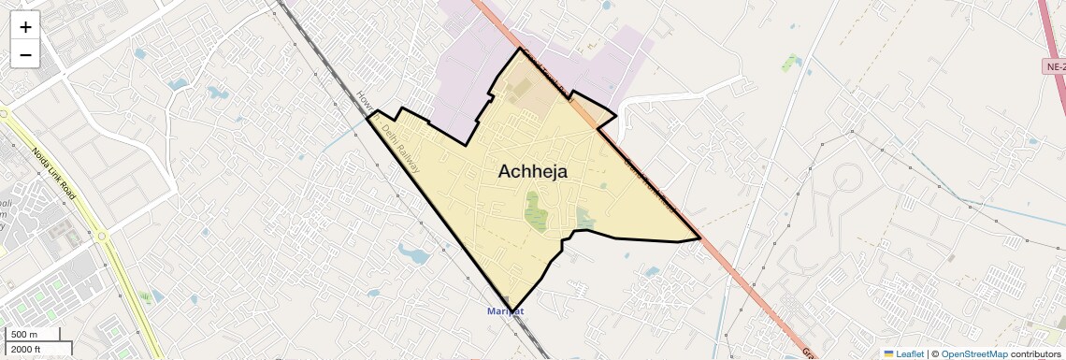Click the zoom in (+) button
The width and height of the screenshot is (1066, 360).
(25, 27)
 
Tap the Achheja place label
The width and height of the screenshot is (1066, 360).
(532, 171)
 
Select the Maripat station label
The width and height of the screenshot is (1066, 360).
(506, 310)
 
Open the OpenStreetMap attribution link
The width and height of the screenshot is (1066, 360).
(973, 353)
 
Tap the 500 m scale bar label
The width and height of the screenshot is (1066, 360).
(24, 335)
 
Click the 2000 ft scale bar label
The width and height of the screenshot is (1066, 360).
(27, 349)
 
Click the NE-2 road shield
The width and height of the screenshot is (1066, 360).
(1054, 67)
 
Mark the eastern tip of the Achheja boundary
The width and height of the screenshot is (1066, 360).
(700, 238)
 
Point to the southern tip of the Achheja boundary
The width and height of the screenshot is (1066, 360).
(511, 310)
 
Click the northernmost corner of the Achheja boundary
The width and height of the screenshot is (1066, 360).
(519, 48)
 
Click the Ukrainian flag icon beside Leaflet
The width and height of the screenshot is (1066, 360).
(888, 353)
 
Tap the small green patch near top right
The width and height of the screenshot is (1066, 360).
(791, 63)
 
